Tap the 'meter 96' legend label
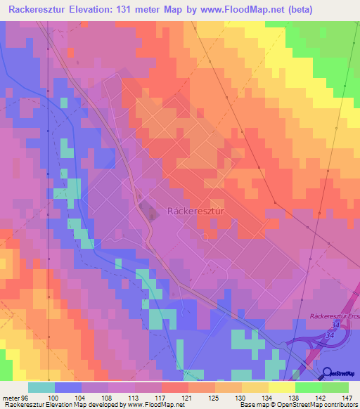14,398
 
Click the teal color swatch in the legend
41,387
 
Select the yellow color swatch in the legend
281,387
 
